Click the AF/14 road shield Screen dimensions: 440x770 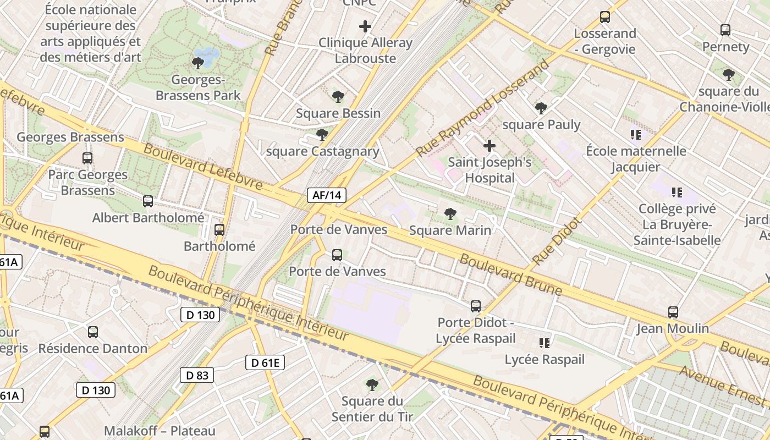pyautogui.click(x=327, y=195)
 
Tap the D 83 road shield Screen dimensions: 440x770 pyautogui.click(x=197, y=375)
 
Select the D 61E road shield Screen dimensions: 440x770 pyautogui.click(x=265, y=362)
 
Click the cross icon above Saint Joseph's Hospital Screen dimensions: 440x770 pyautogui.click(x=489, y=146)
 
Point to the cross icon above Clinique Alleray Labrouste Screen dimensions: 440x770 pyautogui.click(x=365, y=26)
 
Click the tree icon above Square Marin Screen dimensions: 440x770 pyautogui.click(x=450, y=214)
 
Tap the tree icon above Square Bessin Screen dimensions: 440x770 pyautogui.click(x=338, y=97)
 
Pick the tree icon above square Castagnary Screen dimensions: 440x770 pyautogui.click(x=322, y=135)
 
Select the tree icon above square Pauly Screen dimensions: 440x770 pyautogui.click(x=541, y=108)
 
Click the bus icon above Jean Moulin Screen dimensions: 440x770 pyautogui.click(x=673, y=312)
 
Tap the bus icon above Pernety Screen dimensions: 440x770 pyautogui.click(x=725, y=30)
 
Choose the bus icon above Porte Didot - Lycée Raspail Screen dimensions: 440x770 pyautogui.click(x=476, y=306)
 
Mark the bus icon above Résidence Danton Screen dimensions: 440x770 pyautogui.click(x=93, y=332)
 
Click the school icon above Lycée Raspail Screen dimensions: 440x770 pyautogui.click(x=544, y=343)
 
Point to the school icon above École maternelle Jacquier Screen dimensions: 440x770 pyautogui.click(x=636, y=134)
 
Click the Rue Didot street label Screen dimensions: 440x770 pyautogui.click(x=557, y=241)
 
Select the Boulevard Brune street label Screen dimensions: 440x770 pyautogui.click(x=511, y=275)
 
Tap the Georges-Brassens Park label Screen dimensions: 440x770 pyautogui.click(x=198, y=87)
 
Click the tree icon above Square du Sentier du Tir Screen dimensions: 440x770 pyautogui.click(x=372, y=384)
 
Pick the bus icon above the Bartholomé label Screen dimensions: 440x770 pyautogui.click(x=219, y=230)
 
